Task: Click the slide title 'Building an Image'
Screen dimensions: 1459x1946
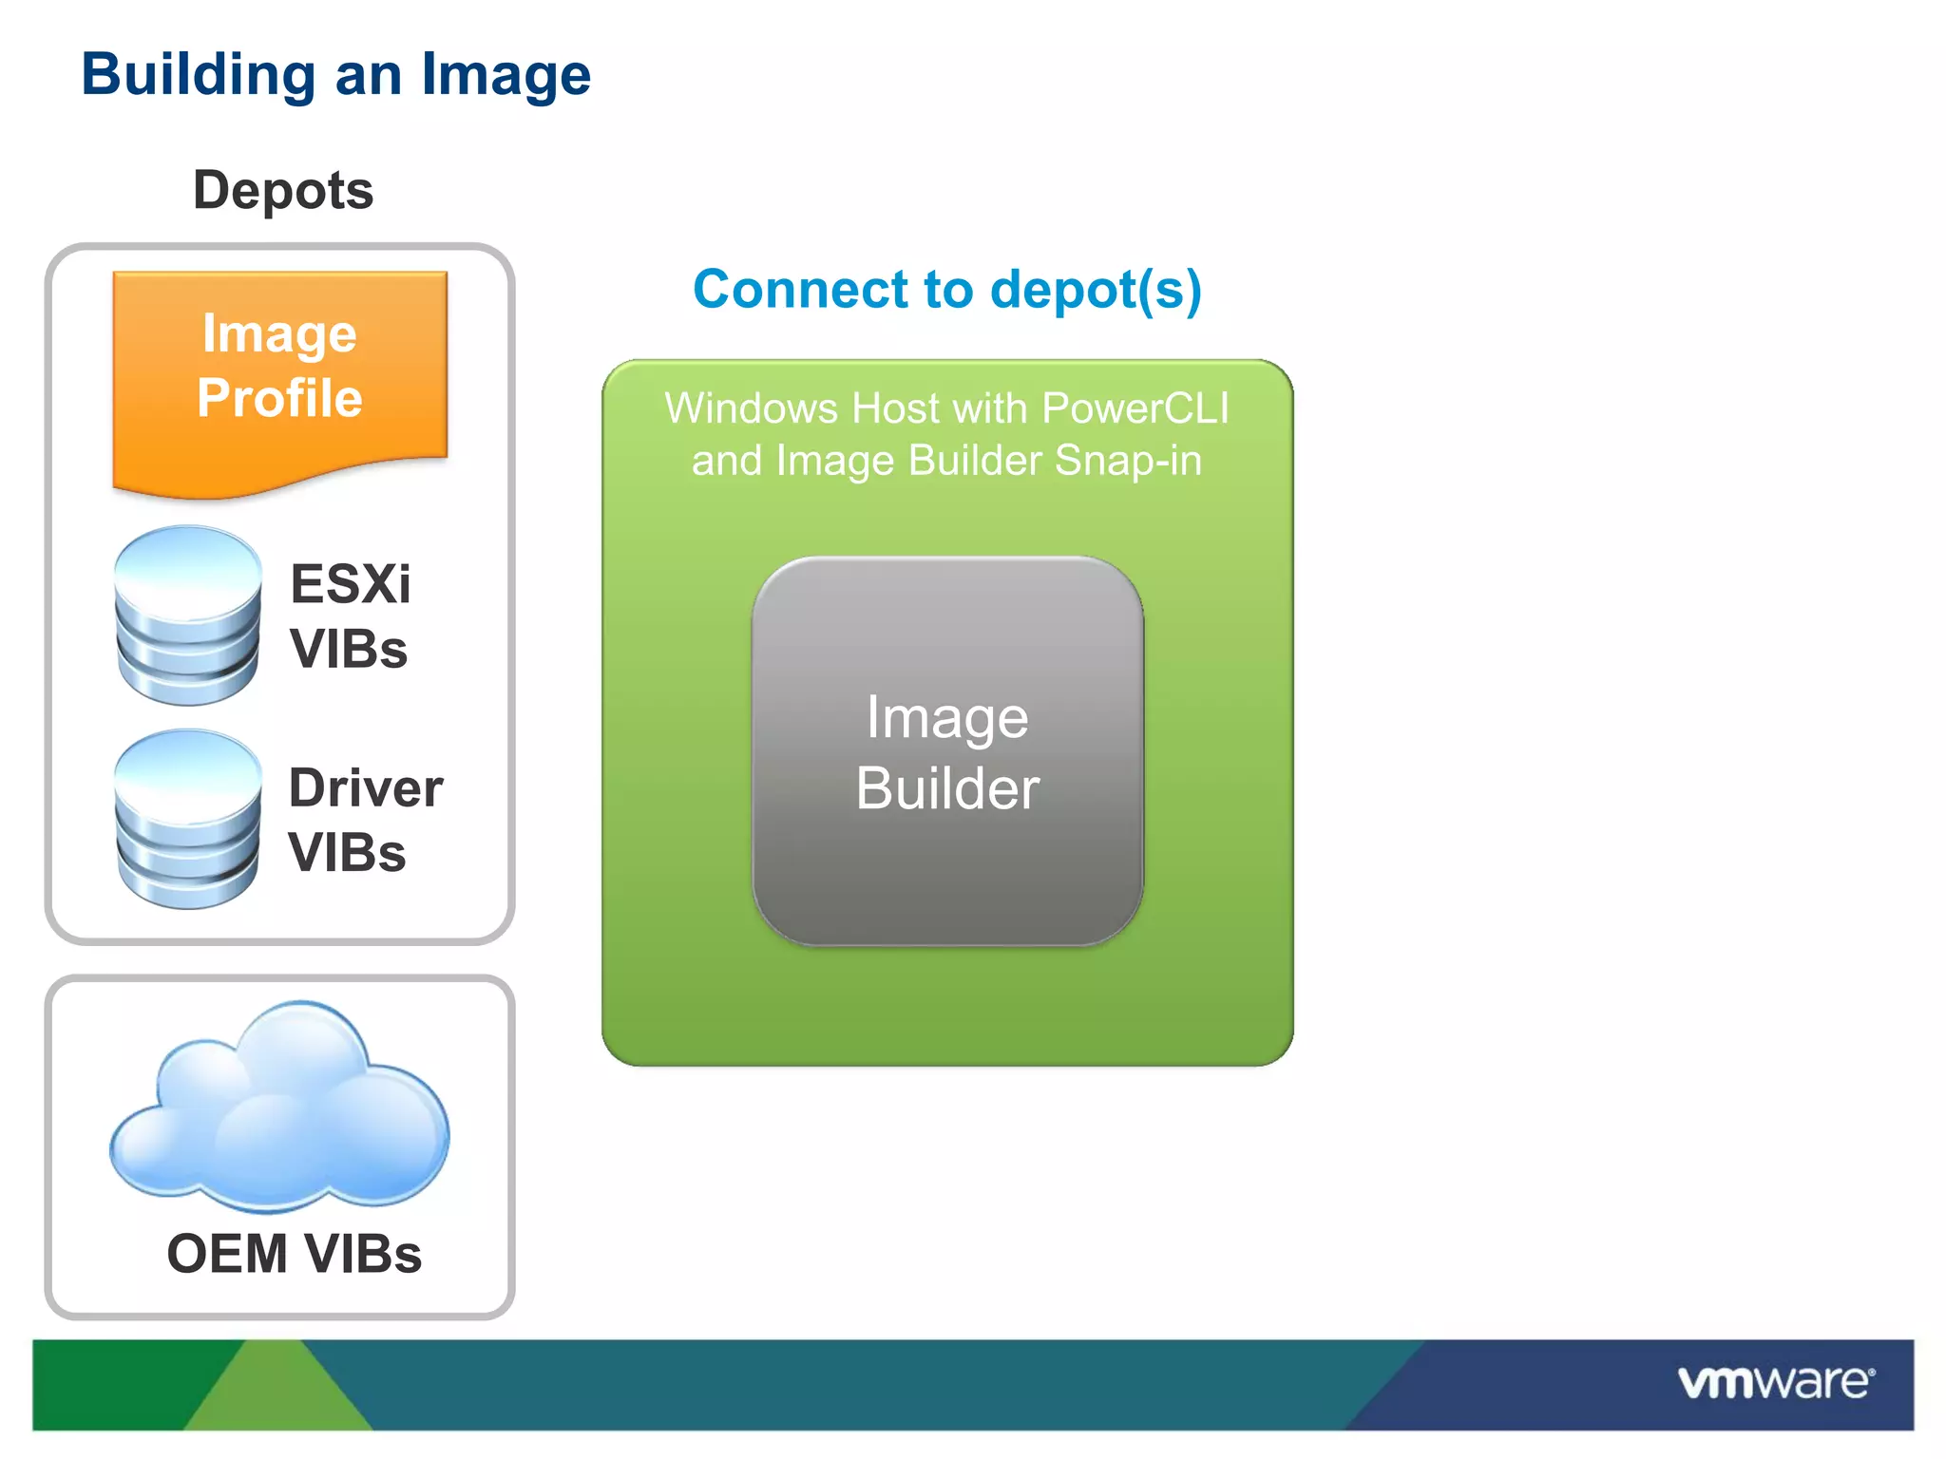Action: pos(335,75)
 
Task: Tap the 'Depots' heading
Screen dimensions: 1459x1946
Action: pos(283,190)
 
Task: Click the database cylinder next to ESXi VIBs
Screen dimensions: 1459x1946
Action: pos(187,616)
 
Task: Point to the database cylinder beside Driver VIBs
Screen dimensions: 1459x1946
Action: pos(187,819)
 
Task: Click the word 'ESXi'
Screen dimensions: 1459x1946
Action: pos(350,583)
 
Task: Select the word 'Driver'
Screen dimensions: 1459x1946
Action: pos(366,787)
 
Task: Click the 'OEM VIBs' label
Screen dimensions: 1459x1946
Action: pos(294,1254)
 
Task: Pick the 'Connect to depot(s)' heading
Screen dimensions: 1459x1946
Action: pos(947,289)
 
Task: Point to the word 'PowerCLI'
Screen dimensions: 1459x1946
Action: pos(1135,408)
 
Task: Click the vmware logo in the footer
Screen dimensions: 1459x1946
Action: pos(1775,1382)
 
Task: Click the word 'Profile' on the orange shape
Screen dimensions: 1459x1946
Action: pos(279,397)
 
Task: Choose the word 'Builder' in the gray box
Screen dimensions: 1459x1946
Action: pos(947,788)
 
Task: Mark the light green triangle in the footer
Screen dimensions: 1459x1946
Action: pos(277,1392)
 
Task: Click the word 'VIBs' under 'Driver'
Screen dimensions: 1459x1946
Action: pos(348,852)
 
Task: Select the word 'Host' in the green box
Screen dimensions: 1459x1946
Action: pos(895,408)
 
